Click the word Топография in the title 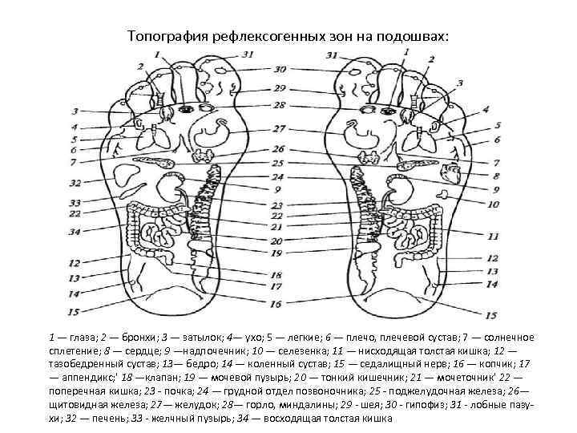point(165,37)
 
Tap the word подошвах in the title point(416,37)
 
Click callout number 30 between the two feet point(279,70)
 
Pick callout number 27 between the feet point(278,128)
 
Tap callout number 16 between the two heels point(276,304)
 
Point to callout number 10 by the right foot point(493,204)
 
